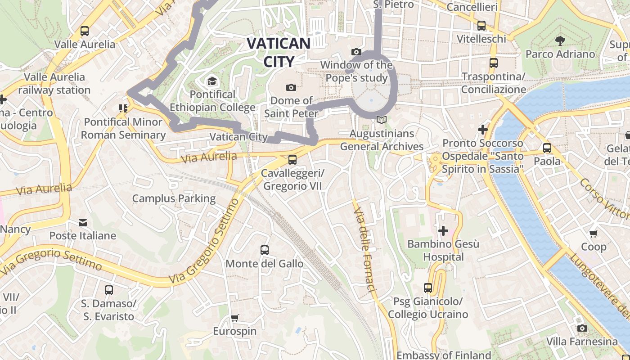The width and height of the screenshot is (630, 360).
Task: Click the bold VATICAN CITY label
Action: tap(279, 52)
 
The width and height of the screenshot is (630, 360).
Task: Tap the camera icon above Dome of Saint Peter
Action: tap(291, 87)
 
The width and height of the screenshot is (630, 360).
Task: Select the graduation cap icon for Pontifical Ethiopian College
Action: tap(211, 81)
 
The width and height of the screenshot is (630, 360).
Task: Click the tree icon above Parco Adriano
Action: tap(560, 41)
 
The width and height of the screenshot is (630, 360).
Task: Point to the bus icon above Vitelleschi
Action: tap(481, 26)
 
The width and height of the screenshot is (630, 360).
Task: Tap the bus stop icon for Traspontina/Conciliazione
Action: tap(494, 63)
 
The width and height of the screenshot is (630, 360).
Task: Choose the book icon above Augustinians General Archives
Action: tap(382, 120)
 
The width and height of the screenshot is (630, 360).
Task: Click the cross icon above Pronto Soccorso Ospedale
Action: tap(483, 130)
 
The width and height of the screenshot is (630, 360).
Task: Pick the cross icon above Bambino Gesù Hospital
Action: tap(443, 231)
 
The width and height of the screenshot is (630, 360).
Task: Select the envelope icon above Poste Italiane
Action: tap(83, 222)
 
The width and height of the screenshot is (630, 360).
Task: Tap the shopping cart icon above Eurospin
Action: tap(234, 318)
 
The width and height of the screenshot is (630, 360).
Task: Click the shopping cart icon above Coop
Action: tap(594, 234)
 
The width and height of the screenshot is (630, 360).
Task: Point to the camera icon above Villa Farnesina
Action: tap(582, 328)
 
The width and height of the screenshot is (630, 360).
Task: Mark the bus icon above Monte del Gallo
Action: tap(265, 250)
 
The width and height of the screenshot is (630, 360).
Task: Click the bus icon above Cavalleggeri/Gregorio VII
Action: tap(292, 159)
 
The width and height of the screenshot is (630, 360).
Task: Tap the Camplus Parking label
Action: tap(174, 198)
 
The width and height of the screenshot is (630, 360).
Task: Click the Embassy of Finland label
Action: tap(444, 355)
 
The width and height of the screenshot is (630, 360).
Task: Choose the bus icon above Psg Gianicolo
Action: tap(428, 288)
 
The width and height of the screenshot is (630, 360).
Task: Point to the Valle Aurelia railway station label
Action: tap(54, 83)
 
